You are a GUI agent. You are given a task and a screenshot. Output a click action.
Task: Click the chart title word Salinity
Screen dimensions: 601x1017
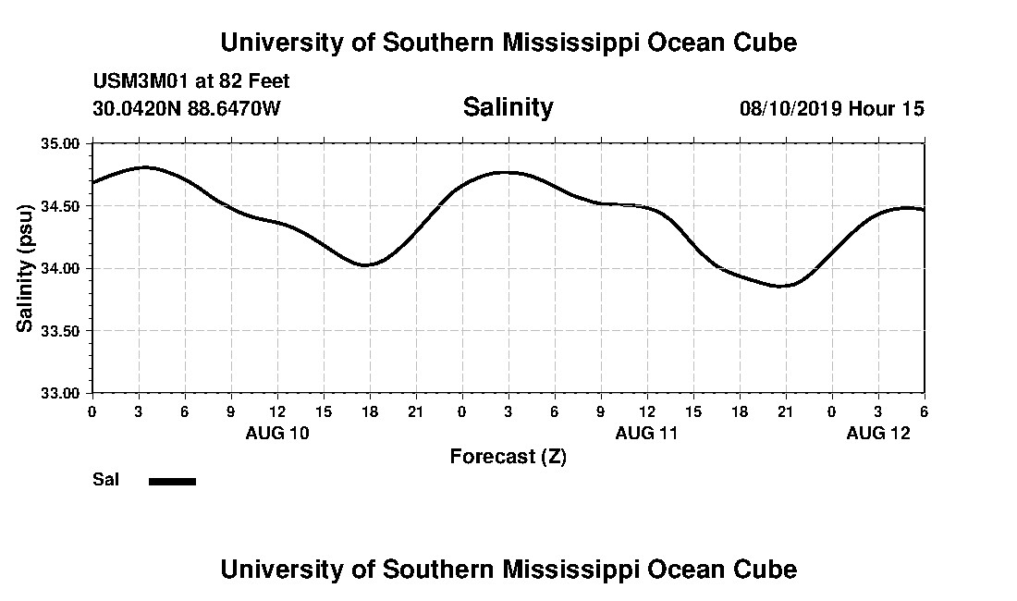click(508, 107)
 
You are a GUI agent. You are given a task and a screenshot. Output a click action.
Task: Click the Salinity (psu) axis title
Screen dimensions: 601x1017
click(25, 267)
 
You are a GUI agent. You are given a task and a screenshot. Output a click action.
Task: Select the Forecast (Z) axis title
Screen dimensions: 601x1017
click(508, 456)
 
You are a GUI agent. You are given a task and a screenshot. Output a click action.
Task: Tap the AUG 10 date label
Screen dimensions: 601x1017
click(277, 433)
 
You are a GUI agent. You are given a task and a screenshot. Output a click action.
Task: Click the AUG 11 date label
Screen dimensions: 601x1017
click(647, 433)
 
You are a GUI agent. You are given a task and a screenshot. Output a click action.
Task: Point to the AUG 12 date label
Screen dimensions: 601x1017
click(878, 433)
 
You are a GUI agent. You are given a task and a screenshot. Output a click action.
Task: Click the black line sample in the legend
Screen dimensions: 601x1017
click(172, 481)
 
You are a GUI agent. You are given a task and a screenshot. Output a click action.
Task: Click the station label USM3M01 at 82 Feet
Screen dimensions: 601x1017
click(191, 81)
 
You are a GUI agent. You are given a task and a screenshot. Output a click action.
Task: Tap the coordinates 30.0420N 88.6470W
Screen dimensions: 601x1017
click(187, 108)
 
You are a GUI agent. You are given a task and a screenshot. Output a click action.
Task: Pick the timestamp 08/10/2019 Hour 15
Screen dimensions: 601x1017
click(832, 108)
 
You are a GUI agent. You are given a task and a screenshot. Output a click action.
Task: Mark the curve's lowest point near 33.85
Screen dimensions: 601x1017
click(782, 286)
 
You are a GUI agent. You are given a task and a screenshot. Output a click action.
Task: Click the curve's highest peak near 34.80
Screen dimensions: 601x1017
click(144, 167)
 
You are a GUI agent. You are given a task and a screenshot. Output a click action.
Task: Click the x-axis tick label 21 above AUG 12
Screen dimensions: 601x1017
click(785, 411)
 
